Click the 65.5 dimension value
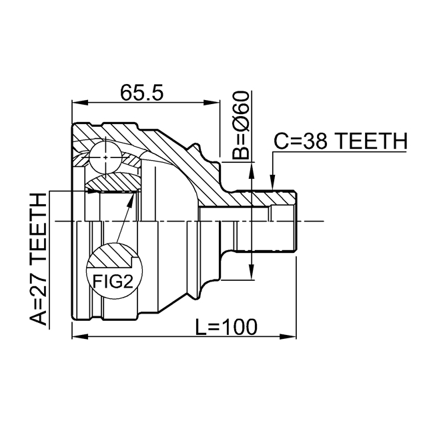pyautogui.click(x=141, y=93)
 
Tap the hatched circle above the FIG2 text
pyautogui.click(x=111, y=257)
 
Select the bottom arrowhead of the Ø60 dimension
pyautogui.click(x=251, y=274)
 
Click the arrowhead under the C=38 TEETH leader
pyautogui.click(x=272, y=182)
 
